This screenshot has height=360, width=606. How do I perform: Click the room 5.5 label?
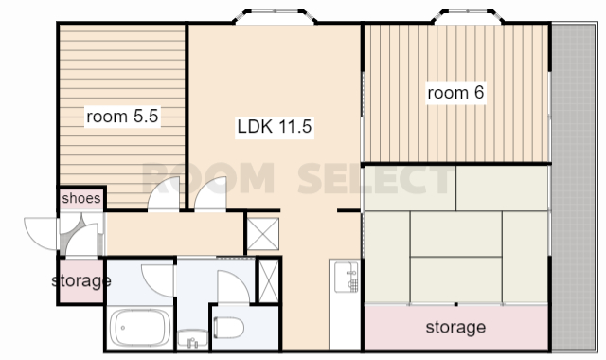pyautogui.click(x=122, y=116)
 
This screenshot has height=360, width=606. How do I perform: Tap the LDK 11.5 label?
pyautogui.click(x=275, y=126)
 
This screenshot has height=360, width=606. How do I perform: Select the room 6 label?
pyautogui.click(x=455, y=93)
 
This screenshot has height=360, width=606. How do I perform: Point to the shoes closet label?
pyautogui.click(x=81, y=198)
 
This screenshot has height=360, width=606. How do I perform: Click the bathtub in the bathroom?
pyautogui.click(x=140, y=329)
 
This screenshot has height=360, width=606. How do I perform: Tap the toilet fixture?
pyautogui.click(x=228, y=328)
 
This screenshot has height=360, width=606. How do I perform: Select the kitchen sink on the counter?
pyautogui.click(x=347, y=277)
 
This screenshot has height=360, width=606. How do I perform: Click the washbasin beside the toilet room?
pyautogui.click(x=192, y=339)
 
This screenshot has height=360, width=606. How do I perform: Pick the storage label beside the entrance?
pyautogui.click(x=81, y=280)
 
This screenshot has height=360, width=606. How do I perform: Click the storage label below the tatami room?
pyautogui.click(x=455, y=327)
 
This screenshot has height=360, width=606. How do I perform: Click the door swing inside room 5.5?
pyautogui.click(x=163, y=194)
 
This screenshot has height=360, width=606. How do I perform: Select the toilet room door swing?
pyautogui.click(x=234, y=286)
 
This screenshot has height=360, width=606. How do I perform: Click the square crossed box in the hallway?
pyautogui.click(x=263, y=234)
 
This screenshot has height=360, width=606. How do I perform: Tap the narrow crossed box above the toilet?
pyautogui.click(x=269, y=280)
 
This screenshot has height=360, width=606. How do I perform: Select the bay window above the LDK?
pyautogui.click(x=275, y=17)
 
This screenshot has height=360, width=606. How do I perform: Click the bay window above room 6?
pyautogui.click(x=468, y=17)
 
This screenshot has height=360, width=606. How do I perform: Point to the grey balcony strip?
pyautogui.click(x=574, y=188)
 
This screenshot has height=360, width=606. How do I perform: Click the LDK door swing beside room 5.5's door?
pyautogui.click(x=210, y=194)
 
